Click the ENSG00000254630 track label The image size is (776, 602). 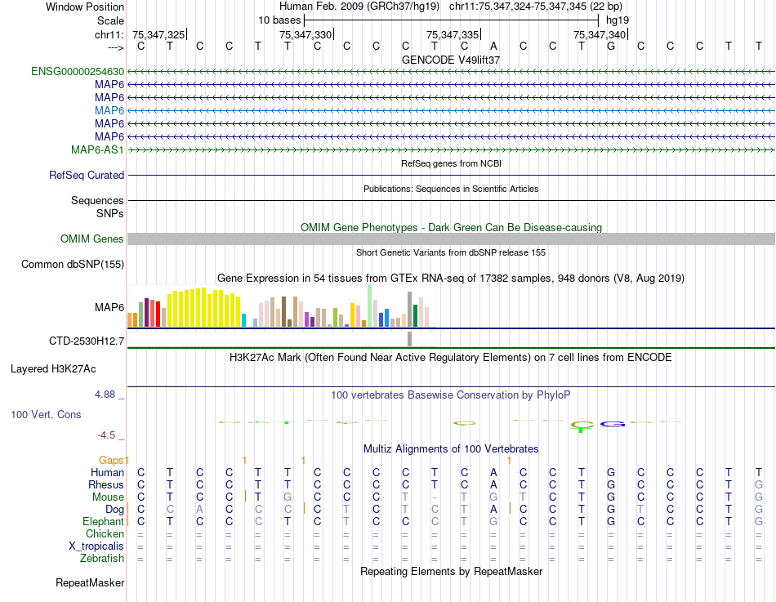(78, 71)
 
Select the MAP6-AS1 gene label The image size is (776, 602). (97, 149)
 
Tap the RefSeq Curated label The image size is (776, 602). (87, 175)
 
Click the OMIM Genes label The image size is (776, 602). (92, 239)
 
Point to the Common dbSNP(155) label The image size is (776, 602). (73, 264)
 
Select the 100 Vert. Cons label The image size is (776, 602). (46, 414)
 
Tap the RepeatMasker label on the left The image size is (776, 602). (90, 582)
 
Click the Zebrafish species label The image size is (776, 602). (102, 558)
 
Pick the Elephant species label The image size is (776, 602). (103, 521)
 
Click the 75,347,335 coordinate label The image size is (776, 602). (453, 34)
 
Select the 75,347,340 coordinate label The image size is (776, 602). (600, 34)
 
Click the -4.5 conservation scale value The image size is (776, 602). (111, 435)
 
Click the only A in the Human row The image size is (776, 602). (493, 472)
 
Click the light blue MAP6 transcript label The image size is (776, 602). (109, 110)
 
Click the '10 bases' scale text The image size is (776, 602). (279, 19)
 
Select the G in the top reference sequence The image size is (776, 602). (611, 46)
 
